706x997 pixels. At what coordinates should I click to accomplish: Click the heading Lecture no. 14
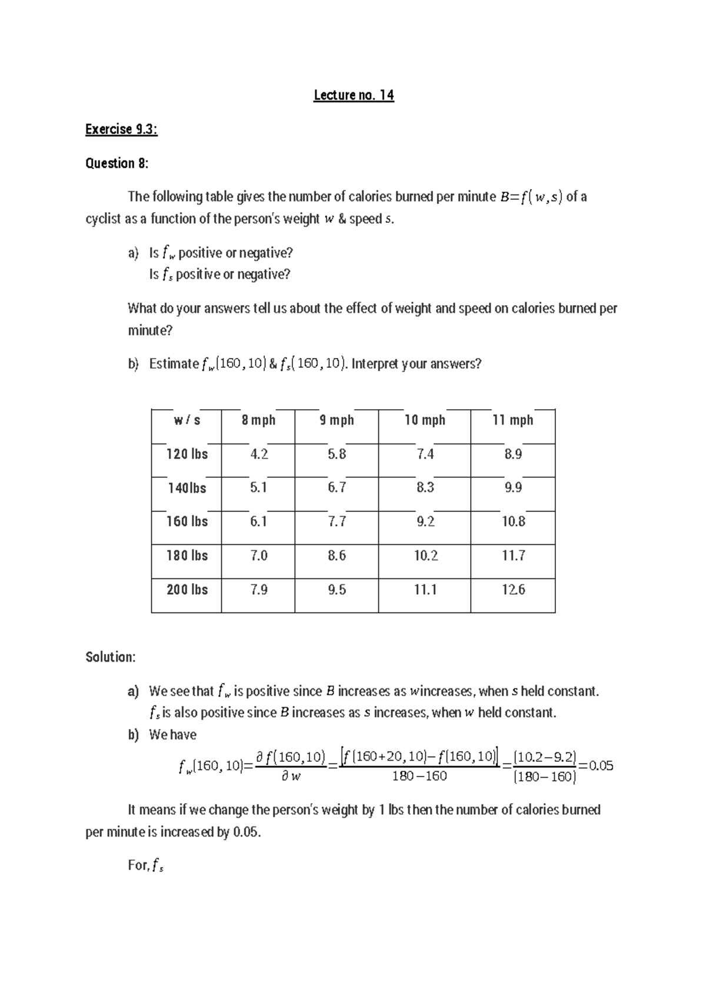coord(354,95)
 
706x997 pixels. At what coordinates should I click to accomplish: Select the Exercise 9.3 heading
coord(121,129)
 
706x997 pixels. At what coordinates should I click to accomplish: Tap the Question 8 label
coord(117,163)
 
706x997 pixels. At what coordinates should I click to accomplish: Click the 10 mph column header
coord(425,420)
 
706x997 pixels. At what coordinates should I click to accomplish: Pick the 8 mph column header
coord(258,420)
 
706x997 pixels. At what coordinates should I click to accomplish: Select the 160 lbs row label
coord(187,521)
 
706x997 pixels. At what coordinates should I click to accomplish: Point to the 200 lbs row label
coord(187,590)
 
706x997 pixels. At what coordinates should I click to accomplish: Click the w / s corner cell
coord(187,420)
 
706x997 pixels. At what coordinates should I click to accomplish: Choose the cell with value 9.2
coord(425,521)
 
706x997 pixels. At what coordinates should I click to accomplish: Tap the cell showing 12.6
coord(513,590)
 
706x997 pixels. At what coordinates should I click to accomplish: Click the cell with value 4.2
coord(258,454)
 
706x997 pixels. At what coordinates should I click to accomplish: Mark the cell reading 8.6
coord(337,556)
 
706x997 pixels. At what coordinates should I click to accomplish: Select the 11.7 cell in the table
coord(513,556)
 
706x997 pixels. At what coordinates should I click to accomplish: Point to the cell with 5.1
coord(258,488)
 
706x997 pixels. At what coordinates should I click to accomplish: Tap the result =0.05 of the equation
coord(597,766)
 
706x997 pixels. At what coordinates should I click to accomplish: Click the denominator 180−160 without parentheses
coord(419,777)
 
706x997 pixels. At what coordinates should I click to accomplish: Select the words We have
coord(172,735)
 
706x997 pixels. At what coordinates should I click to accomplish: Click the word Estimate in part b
coord(174,364)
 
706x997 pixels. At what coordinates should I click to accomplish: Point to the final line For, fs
coord(145,865)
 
